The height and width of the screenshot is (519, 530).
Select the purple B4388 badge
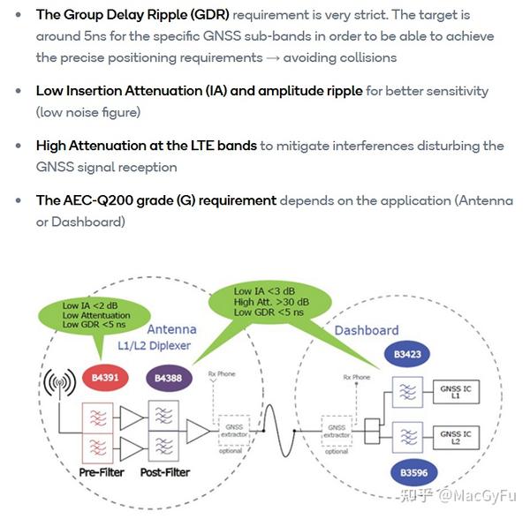(x=167, y=379)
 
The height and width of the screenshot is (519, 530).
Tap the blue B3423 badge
(x=406, y=357)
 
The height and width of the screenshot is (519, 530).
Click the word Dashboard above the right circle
(x=367, y=330)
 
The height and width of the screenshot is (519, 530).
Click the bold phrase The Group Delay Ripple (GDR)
(x=132, y=16)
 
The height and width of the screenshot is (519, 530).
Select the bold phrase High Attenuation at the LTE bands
(x=147, y=146)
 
